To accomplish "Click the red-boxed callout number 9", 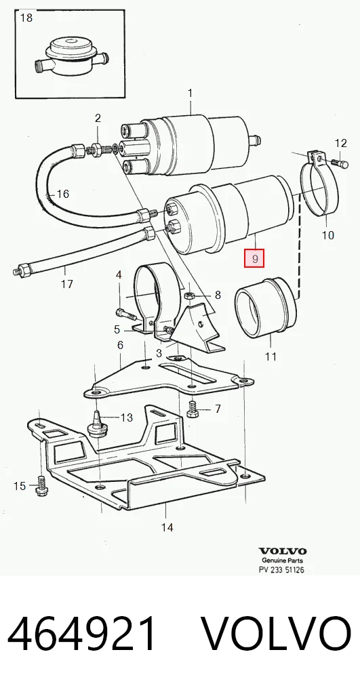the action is tap(255, 258).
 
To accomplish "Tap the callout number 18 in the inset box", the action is tap(26, 18).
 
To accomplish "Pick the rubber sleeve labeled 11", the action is tap(265, 307).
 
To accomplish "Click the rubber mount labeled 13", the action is tap(97, 425).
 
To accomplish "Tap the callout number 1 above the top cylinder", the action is tap(190, 93).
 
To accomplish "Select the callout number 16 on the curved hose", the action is tap(63, 194).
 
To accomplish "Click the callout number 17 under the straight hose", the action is tap(67, 284).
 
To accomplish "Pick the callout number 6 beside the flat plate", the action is tap(120, 346).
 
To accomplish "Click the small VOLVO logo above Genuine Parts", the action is tap(283, 551).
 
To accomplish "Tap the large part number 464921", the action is tap(82, 634).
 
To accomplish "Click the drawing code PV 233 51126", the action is tap(281, 570).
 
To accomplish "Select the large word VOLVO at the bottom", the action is tap(277, 634).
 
